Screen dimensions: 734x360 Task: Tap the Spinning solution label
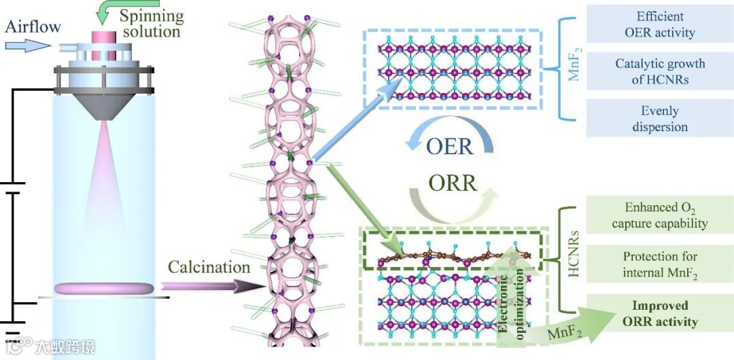click(x=150, y=22)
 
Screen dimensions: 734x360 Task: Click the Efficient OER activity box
click(x=660, y=24)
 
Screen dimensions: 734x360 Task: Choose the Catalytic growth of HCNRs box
click(x=660, y=71)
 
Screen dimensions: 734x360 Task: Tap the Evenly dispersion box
click(x=660, y=119)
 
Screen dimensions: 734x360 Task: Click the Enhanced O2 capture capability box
click(x=660, y=215)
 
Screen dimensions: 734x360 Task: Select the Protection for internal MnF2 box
click(x=660, y=264)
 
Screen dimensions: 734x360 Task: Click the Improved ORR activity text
click(x=660, y=314)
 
